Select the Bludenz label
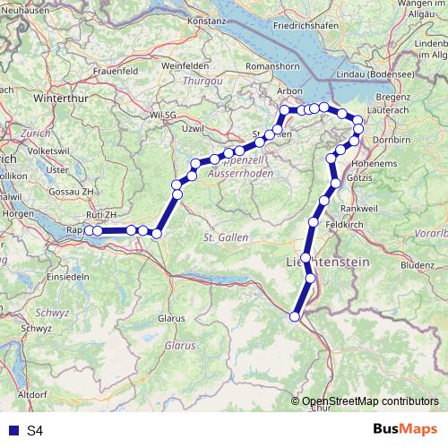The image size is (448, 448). [417, 265]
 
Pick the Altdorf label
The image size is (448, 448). [32, 393]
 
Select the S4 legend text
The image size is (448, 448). [35, 431]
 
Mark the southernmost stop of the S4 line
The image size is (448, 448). [295, 315]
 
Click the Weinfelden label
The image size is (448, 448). [185, 65]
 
